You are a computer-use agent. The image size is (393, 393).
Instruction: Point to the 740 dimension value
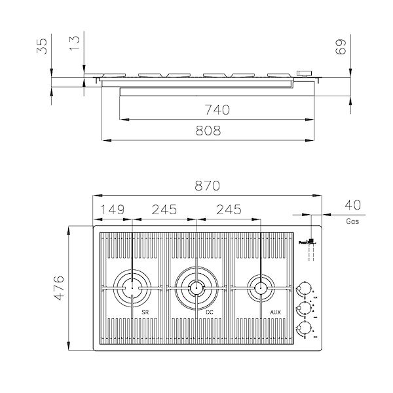click(x=217, y=109)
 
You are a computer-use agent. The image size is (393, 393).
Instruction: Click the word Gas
click(x=352, y=221)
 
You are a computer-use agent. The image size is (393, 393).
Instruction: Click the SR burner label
click(x=145, y=312)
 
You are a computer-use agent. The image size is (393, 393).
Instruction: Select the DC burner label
click(x=210, y=312)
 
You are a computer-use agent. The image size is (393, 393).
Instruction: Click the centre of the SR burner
click(x=133, y=287)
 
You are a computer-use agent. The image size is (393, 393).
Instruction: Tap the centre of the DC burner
click(x=195, y=286)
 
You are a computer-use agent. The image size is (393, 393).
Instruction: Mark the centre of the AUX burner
click(x=259, y=286)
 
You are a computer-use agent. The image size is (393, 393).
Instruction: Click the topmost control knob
click(x=303, y=288)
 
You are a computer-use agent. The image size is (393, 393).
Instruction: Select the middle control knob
click(x=303, y=308)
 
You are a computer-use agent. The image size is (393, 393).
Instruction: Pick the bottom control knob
click(x=303, y=327)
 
